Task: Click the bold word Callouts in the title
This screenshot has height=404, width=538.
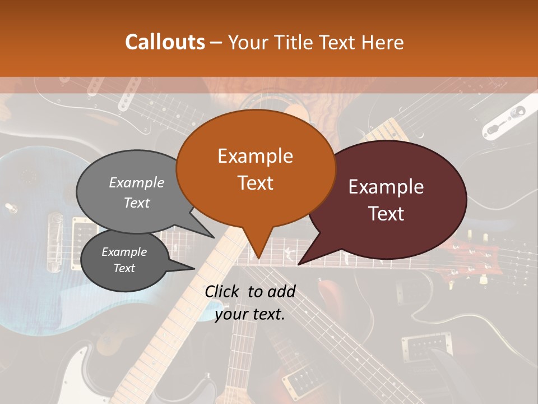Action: point(165,42)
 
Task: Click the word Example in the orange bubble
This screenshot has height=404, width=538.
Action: point(255,156)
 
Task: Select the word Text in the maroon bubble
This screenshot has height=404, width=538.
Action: point(387,214)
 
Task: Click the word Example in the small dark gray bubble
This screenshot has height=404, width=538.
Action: point(124,252)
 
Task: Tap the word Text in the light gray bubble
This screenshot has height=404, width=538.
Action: point(136,203)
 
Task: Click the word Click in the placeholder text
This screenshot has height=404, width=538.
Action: point(222,291)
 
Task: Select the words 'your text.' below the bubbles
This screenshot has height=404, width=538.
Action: point(249,314)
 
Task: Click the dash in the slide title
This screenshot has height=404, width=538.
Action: point(217,42)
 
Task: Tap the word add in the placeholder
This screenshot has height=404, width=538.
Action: point(281,291)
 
